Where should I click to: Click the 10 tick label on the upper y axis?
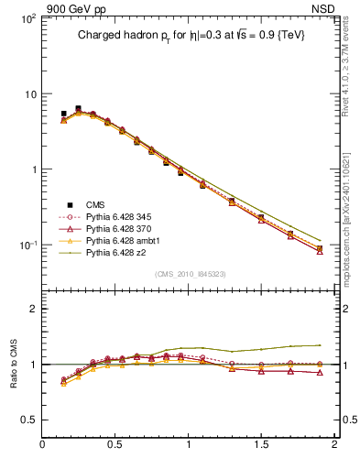(29, 94)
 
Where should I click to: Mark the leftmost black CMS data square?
(63, 114)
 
